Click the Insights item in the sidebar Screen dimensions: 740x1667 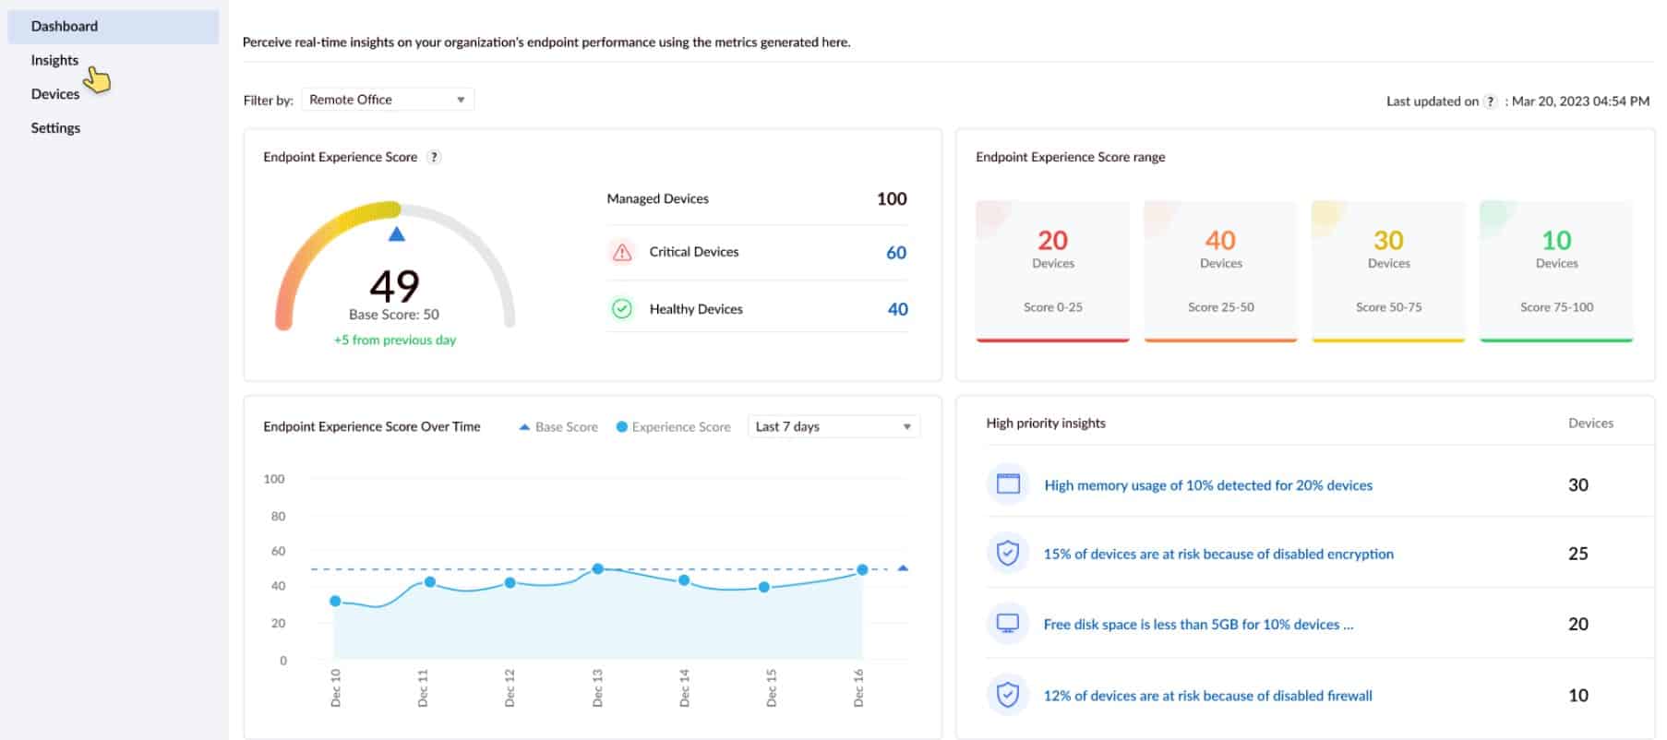coord(54,60)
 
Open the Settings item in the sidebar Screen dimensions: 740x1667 coord(55,128)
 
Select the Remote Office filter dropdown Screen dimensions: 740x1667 coord(387,100)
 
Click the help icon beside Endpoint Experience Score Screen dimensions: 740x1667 coord(435,157)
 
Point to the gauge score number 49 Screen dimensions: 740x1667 coord(394,285)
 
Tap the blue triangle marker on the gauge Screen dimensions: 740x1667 coord(397,234)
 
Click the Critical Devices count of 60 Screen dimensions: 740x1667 coord(895,253)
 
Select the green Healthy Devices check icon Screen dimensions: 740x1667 coord(622,309)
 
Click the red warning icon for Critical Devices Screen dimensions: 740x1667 coord(622,252)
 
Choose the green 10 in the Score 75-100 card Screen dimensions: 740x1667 coord(1556,241)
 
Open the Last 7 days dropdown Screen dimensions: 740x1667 coord(833,426)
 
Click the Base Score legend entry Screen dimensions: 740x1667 coord(558,427)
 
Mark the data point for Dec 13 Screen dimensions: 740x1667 coord(598,569)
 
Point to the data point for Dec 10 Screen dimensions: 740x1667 coord(335,602)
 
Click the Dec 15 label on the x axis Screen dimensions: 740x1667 coord(772,688)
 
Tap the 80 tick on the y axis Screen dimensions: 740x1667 coord(278,516)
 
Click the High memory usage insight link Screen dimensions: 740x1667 coord(1207,485)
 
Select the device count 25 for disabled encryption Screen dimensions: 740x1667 coord(1577,554)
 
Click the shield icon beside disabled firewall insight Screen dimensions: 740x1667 coord(1008,695)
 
